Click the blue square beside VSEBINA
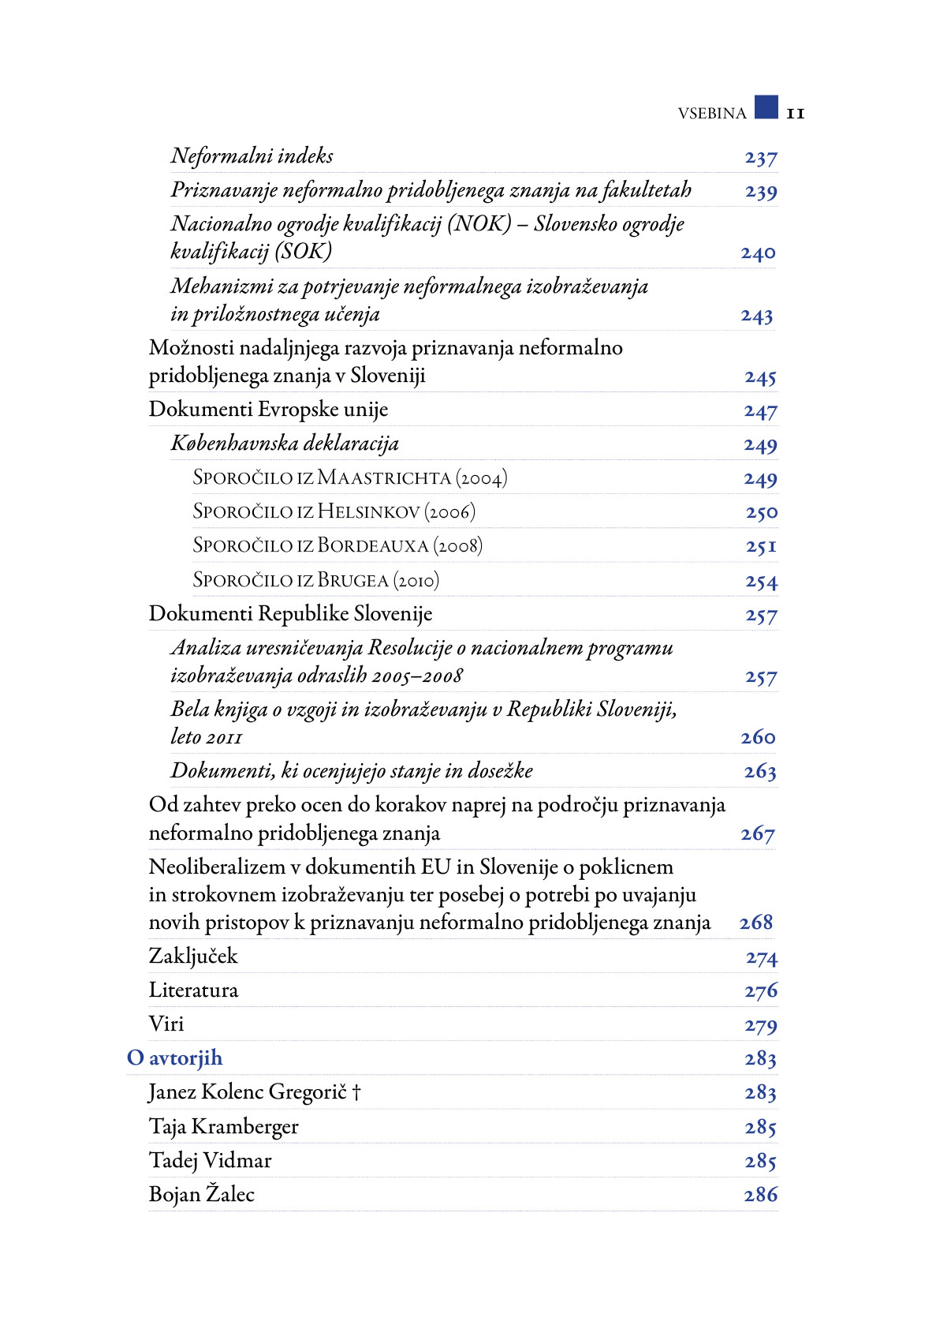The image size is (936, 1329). click(x=766, y=107)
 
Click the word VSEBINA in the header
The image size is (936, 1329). click(x=711, y=114)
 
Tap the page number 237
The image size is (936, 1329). click(x=761, y=159)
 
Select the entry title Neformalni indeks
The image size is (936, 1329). click(x=252, y=156)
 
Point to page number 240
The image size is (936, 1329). click(x=758, y=253)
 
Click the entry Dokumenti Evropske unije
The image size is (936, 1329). click(x=268, y=410)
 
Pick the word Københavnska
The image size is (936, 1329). click(x=234, y=444)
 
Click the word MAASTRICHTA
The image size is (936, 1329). click(x=384, y=478)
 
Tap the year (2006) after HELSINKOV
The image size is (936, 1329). click(x=450, y=512)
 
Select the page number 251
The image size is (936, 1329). click(x=761, y=546)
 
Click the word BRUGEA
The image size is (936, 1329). click(x=352, y=581)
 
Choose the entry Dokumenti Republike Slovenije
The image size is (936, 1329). click(x=290, y=614)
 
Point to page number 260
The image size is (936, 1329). click(x=758, y=738)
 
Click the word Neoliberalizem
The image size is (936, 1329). click(x=217, y=867)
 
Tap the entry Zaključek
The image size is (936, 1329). click(x=193, y=957)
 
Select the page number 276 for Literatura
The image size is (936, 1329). click(x=761, y=991)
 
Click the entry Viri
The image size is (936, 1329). click(x=166, y=1024)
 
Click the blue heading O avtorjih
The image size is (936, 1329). click(x=175, y=1058)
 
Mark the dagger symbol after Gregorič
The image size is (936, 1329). click(x=356, y=1092)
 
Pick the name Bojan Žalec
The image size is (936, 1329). click(x=202, y=1195)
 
